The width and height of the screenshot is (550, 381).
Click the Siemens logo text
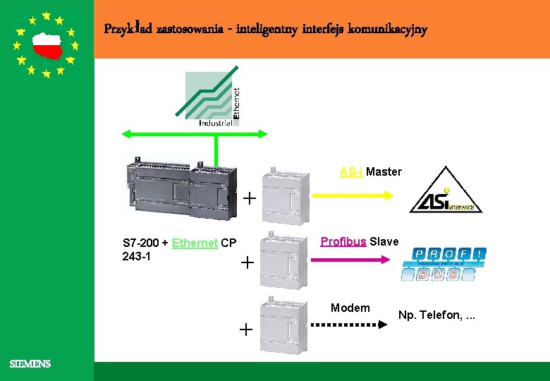(x=30, y=364)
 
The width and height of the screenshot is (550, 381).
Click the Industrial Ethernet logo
(x=212, y=99)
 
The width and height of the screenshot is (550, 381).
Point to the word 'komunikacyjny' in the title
(x=392, y=30)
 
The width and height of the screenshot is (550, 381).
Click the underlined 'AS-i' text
(x=351, y=171)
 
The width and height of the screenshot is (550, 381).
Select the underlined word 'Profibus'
(x=343, y=241)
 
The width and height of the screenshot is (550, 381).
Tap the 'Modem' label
(x=350, y=308)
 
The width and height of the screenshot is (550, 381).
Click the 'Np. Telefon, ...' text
(x=436, y=314)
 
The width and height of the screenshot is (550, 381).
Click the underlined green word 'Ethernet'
(x=195, y=243)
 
